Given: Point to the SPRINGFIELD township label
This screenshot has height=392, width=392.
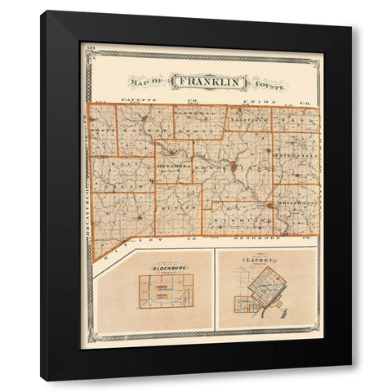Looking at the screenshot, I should click(x=300, y=153).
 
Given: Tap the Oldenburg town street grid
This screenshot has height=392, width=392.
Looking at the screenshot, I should click(x=167, y=293).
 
